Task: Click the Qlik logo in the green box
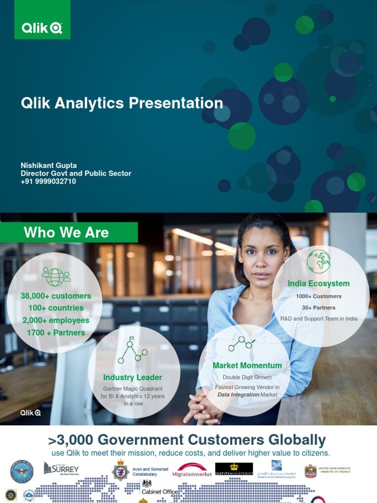[x=42, y=28]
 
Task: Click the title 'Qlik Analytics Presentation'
[x=122, y=103]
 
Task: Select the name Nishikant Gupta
[x=49, y=166]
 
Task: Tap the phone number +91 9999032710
[x=48, y=181]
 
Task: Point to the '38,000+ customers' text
[x=55, y=296]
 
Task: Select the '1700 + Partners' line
[x=55, y=333]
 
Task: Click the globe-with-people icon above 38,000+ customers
[x=55, y=276]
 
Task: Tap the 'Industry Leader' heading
[x=133, y=377]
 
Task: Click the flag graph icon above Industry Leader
[x=132, y=349]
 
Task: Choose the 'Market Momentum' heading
[x=247, y=365]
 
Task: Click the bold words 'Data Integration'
[x=238, y=394]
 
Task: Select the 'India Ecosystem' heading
[x=319, y=283]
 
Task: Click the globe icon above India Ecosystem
[x=319, y=261]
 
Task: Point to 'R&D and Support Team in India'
[x=319, y=319]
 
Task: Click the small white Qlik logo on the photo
[x=30, y=413]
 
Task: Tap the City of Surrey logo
[x=61, y=469]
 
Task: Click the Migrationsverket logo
[x=192, y=471]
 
